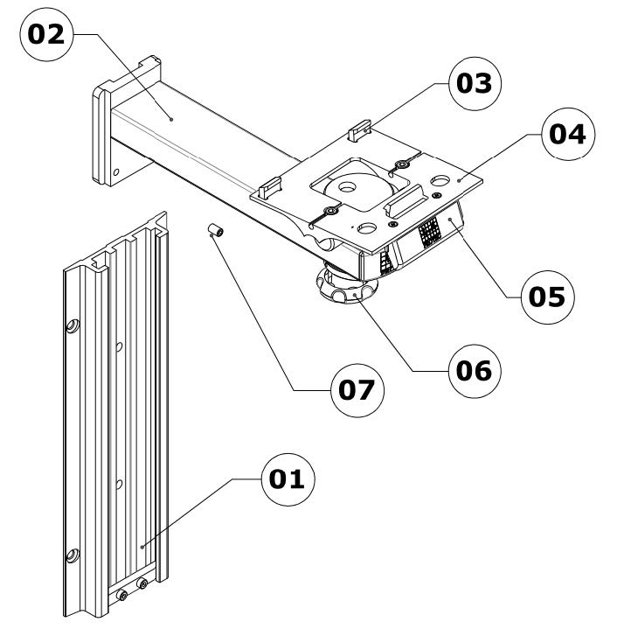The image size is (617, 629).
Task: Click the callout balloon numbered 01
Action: (288, 479)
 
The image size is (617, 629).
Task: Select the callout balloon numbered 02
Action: (46, 34)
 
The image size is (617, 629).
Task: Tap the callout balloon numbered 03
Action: (475, 83)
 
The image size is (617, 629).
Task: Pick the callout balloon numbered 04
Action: (568, 134)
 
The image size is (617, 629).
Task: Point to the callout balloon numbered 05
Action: (548, 297)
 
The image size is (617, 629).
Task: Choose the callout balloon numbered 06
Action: (475, 371)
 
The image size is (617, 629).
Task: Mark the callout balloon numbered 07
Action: (357, 390)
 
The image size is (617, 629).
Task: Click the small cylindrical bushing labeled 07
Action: (216, 231)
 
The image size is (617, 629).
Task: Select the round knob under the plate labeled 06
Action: (347, 286)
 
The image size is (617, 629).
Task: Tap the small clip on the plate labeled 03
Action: (359, 130)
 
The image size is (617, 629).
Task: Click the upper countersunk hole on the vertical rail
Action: (73, 326)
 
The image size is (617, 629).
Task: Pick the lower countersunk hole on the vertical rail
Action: (73, 556)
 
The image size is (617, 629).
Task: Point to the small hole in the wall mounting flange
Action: (115, 172)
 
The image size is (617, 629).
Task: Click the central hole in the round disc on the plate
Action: (347, 186)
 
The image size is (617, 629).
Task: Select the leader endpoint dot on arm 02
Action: (171, 119)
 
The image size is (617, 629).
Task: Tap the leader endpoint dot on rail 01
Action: (142, 547)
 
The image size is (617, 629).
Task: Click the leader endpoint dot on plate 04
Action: (459, 180)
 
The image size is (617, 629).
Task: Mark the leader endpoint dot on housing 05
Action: (451, 219)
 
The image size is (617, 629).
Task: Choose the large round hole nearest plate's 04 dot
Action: (440, 180)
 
